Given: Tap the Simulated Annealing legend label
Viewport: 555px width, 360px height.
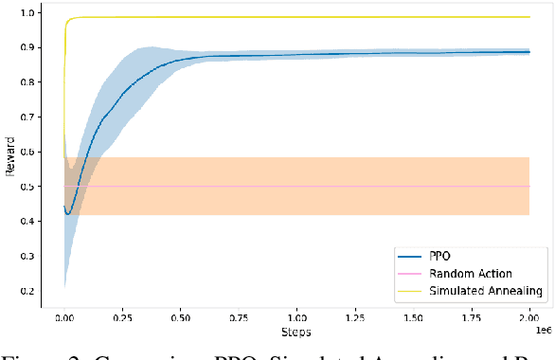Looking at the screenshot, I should (x=486, y=291).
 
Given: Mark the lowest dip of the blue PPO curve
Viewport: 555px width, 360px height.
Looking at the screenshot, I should (x=68, y=214).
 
